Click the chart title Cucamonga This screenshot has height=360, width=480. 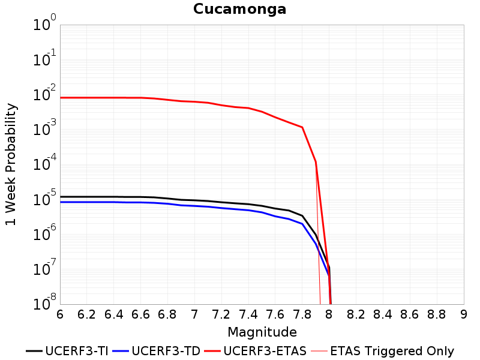[239, 9]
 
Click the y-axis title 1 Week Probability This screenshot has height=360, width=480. [10, 164]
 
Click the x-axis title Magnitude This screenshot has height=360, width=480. [262, 332]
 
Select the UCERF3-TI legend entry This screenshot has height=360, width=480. [67, 351]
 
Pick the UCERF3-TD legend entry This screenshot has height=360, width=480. [156, 351]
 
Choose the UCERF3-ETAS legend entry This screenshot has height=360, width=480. [256, 351]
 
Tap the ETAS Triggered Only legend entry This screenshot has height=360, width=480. [382, 351]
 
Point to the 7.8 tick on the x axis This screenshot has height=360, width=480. [302, 314]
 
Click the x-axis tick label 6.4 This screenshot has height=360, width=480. [113, 314]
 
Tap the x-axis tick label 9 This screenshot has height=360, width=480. [464, 314]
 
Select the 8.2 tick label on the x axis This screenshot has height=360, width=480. [356, 314]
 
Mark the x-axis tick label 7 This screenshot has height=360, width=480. [194, 314]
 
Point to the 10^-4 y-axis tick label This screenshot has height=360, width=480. [44, 163]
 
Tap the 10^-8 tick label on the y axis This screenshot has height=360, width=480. [44, 303]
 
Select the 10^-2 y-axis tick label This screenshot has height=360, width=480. [44, 93]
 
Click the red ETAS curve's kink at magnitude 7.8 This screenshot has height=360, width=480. [302, 127]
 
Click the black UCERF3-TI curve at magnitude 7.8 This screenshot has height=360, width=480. [302, 216]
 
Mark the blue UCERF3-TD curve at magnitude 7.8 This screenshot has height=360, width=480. [302, 224]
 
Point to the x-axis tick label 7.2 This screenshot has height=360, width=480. [221, 314]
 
